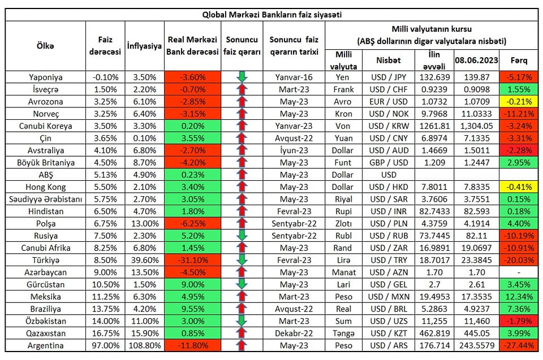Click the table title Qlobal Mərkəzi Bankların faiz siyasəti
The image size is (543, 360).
coord(271,15)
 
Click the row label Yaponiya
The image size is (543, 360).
coord(46,77)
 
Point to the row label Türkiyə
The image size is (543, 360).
coord(46,260)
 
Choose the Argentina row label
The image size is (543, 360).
coord(46,345)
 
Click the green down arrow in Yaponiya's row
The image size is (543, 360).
coord(242,77)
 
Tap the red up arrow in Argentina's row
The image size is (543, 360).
coord(242,345)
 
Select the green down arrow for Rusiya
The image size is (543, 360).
coord(242,236)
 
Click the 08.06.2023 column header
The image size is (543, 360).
coord(477,59)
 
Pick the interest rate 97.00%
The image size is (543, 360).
coord(105,345)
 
